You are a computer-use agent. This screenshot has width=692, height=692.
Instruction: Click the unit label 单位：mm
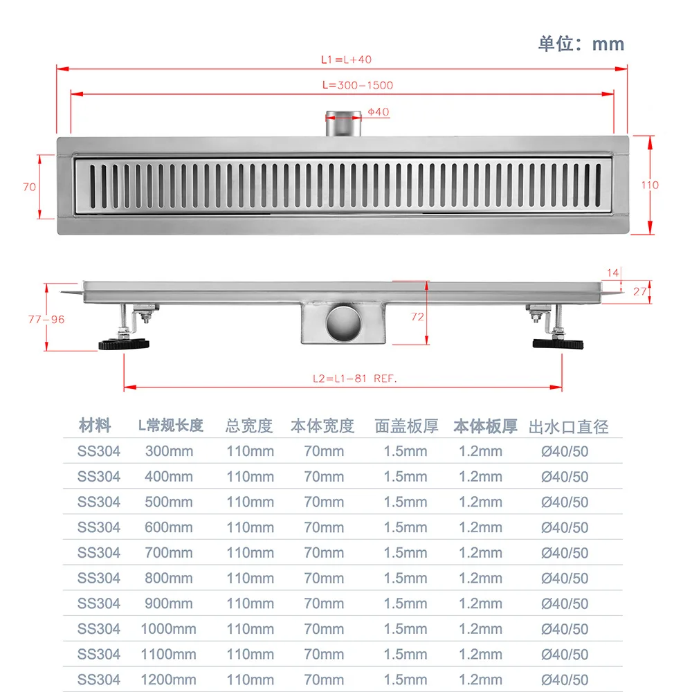pos(581,44)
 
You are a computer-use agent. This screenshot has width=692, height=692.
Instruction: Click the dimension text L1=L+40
pos(346,60)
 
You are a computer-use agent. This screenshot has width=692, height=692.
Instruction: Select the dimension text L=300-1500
pos(357,85)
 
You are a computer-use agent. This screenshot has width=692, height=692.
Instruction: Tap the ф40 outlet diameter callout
pos(378,112)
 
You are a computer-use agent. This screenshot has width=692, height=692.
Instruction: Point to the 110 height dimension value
pos(650,185)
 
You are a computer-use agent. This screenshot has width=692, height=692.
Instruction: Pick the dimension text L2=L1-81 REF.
pos(355,379)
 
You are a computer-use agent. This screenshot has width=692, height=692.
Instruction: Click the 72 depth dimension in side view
pos(417,317)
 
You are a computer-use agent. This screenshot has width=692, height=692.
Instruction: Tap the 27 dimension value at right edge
pos(640,291)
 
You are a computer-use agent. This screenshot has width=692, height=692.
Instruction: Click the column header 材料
pos(95,425)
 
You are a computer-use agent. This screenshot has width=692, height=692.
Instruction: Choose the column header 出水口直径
pos(568,426)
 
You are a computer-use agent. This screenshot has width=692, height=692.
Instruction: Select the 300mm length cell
pos(169,451)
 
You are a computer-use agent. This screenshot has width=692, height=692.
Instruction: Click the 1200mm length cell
pos(169,680)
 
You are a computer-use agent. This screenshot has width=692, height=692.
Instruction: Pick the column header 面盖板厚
pos(406,426)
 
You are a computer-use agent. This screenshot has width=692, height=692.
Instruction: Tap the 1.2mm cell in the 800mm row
pos(480,578)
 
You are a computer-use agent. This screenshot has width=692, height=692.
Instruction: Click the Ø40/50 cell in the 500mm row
pos(565,502)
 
